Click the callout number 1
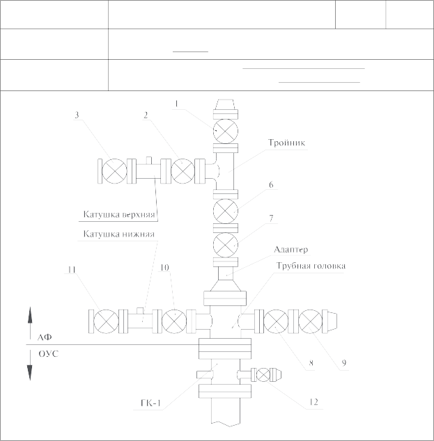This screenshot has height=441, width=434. point(176,104)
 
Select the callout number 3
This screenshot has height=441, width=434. point(77,115)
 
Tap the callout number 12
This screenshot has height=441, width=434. point(313,402)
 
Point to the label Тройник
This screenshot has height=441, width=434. point(286,143)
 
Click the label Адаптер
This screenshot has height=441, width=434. point(291,250)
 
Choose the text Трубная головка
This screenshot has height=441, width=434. point(311,266)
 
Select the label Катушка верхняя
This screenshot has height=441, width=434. point(119,214)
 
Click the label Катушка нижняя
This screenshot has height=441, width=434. point(119,234)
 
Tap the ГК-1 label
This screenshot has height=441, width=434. point(150,403)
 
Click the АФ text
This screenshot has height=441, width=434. point(45,337)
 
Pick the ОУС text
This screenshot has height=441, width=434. point(49,353)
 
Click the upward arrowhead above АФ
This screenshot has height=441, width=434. point(30,314)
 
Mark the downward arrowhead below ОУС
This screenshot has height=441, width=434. point(30,373)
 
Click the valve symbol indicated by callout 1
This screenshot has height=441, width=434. point(225,131)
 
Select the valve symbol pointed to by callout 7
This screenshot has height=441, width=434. point(225,245)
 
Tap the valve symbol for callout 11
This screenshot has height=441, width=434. point(106,321)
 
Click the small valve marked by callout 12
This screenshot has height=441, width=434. point(263,375)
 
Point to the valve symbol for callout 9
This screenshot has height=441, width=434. point(310,321)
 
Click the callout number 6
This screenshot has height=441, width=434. point(271,185)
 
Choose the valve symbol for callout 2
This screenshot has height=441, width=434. point(183,171)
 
